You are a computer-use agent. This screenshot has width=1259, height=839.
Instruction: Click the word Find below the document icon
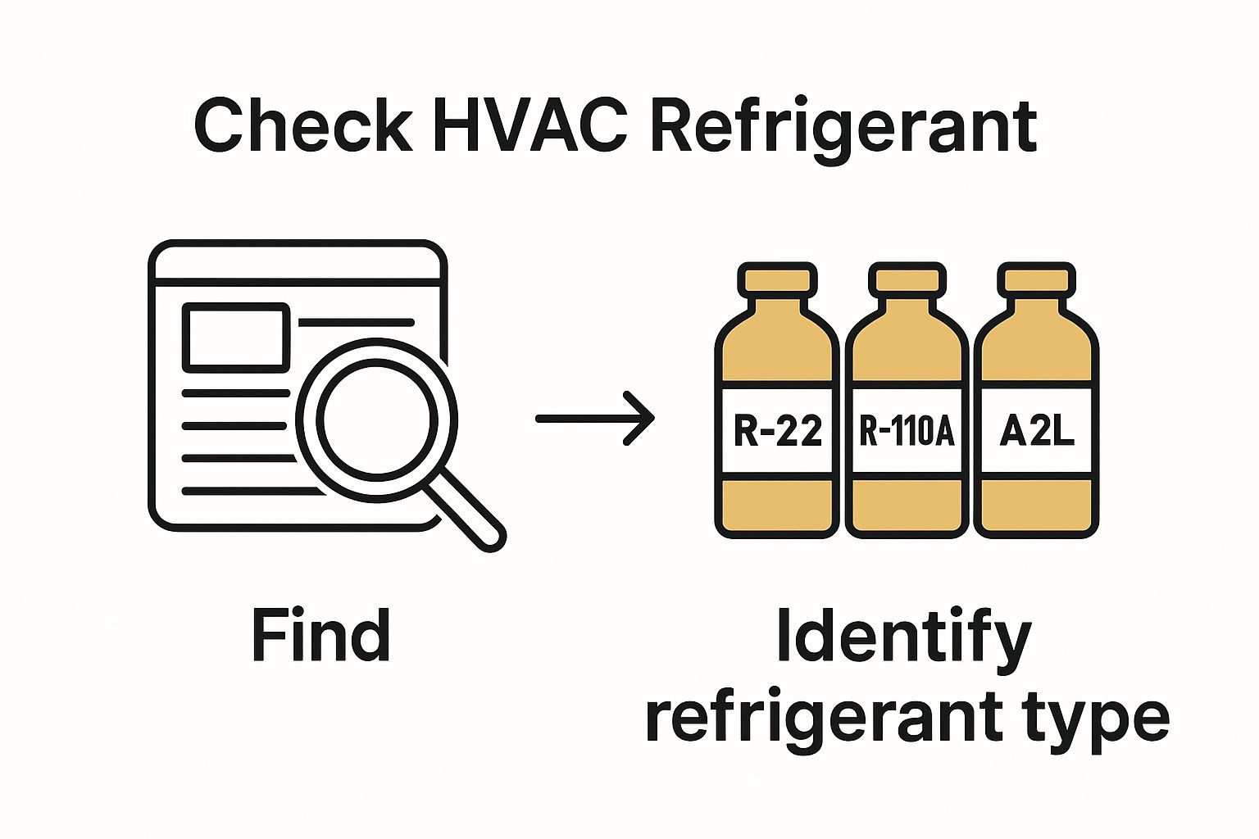tap(320, 636)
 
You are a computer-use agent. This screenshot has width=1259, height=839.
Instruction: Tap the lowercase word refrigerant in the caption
tap(819, 719)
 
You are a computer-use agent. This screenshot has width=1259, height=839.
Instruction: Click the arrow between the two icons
tap(595, 418)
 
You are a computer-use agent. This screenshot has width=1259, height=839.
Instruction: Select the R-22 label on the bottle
tap(777, 430)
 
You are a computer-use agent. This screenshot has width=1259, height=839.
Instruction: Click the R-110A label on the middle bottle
tap(907, 430)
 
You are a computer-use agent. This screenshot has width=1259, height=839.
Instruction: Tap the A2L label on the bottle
tap(1037, 430)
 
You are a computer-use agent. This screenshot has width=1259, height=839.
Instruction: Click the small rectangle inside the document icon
tap(236, 336)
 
